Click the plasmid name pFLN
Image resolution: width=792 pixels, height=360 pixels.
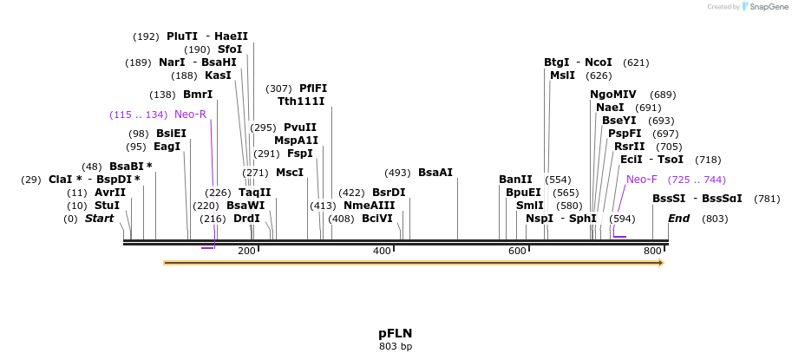pyautogui.click(x=395, y=333)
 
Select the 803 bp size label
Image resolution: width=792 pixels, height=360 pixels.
pyautogui.click(x=395, y=347)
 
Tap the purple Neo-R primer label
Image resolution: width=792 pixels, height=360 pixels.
pyautogui.click(x=190, y=115)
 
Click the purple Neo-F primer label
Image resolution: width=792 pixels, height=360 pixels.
pyautogui.click(x=642, y=180)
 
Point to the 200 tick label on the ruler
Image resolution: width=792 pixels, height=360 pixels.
pyautogui.click(x=246, y=251)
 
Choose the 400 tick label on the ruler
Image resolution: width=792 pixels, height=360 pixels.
pyautogui.click(x=382, y=251)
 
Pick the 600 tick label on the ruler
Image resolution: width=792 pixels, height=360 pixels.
pyautogui.click(x=517, y=251)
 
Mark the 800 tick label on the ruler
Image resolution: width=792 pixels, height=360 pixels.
pyautogui.click(x=652, y=251)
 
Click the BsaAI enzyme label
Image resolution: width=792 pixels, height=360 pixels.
pyautogui.click(x=435, y=173)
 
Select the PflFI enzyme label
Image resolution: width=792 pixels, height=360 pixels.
pyautogui.click(x=313, y=88)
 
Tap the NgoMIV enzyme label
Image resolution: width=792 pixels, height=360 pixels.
pyautogui.click(x=613, y=95)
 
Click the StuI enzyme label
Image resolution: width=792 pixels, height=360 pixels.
pyautogui.click(x=107, y=206)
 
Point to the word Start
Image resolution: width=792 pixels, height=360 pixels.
pyautogui.click(x=99, y=219)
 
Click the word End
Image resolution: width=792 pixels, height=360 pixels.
pyautogui.click(x=678, y=219)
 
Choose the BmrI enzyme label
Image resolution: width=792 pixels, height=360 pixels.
pyautogui.click(x=198, y=95)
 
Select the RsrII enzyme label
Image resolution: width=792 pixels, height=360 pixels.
pyautogui.click(x=630, y=147)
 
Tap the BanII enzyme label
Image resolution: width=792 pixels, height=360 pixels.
pyautogui.click(x=515, y=180)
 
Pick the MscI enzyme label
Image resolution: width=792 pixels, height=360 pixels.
pyautogui.click(x=290, y=173)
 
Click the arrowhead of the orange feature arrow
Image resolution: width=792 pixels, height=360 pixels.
pyautogui.click(x=660, y=262)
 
